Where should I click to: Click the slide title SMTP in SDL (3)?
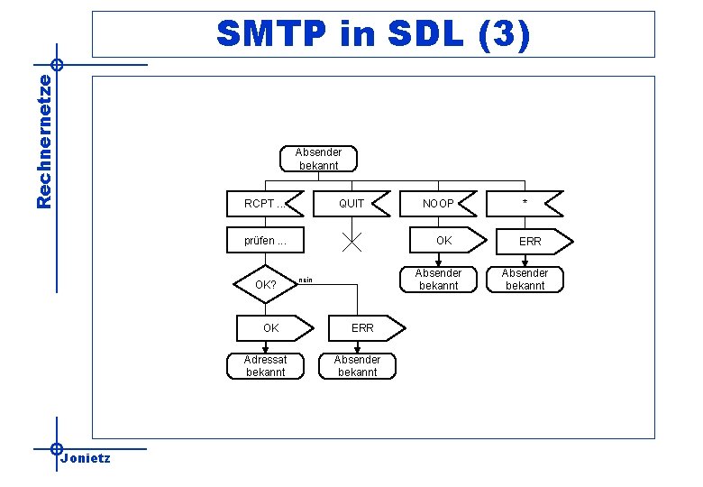[373, 34]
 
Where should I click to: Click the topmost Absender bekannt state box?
[319, 159]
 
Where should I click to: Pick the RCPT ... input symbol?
[267, 204]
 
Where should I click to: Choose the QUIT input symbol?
[351, 204]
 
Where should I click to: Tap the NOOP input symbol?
[439, 204]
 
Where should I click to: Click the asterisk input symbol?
[525, 204]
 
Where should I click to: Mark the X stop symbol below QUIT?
[352, 241]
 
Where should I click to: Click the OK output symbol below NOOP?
[443, 241]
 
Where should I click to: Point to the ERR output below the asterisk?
[530, 242]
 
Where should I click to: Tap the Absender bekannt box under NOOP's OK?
[438, 280]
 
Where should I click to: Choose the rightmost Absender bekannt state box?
[525, 280]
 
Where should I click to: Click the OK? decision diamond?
[266, 285]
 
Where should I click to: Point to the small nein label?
[306, 281]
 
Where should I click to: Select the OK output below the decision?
[271, 327]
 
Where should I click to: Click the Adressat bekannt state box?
[265, 365]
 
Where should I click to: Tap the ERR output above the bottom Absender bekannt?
[362, 327]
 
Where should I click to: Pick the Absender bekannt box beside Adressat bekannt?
[358, 365]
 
